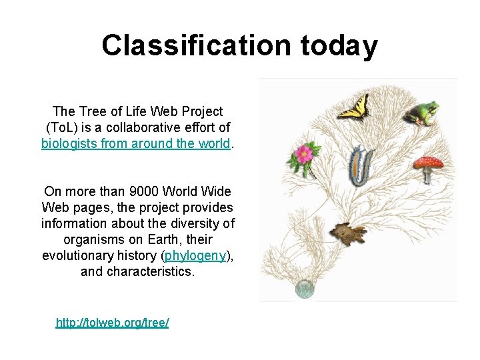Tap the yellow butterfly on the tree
(353, 107)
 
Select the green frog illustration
(420, 113)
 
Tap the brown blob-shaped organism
(349, 235)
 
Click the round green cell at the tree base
(305, 289)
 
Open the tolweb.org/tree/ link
(112, 323)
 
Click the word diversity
(197, 223)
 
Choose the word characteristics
(155, 271)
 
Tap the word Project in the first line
(200, 111)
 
